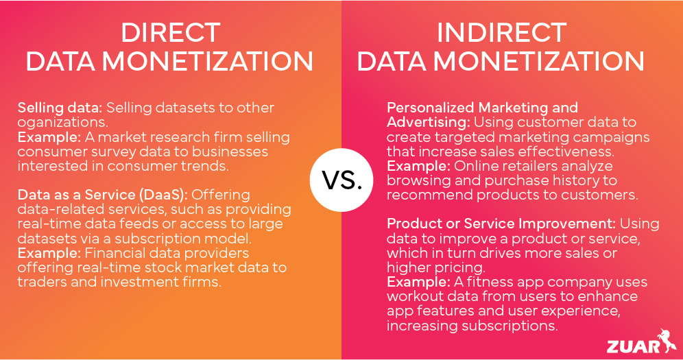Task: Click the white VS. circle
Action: (x=341, y=180)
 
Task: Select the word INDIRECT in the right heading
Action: (x=501, y=32)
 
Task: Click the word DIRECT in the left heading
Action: (x=170, y=32)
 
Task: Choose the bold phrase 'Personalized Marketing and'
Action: (x=482, y=108)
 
